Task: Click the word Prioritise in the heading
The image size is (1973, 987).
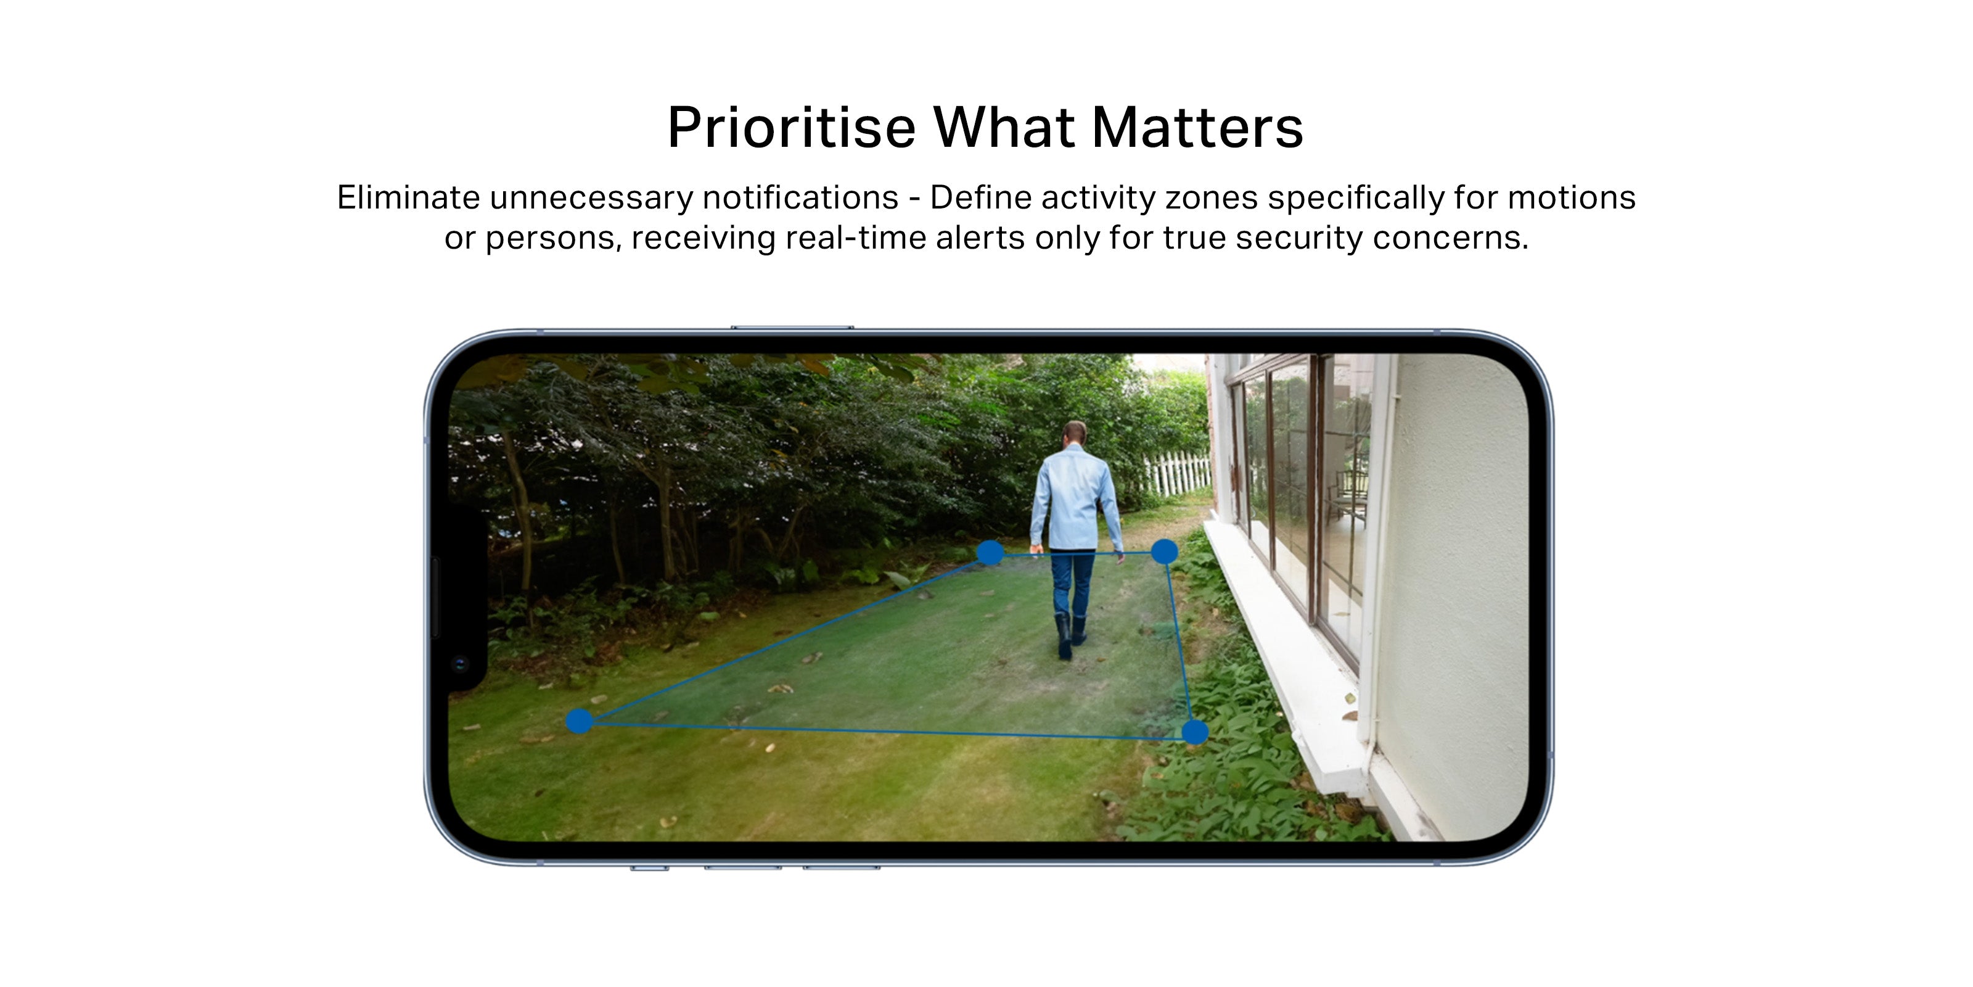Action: coord(792,126)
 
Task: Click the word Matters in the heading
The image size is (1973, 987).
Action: coord(1197,126)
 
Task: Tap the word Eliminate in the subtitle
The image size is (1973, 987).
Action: coord(408,197)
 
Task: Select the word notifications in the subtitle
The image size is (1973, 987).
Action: coord(800,197)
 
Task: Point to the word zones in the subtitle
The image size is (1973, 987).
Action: coord(1212,197)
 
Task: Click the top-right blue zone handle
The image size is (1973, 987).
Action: coord(1164,551)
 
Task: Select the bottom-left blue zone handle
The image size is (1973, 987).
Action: coord(579,721)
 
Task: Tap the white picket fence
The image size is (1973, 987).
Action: coord(1176,473)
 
